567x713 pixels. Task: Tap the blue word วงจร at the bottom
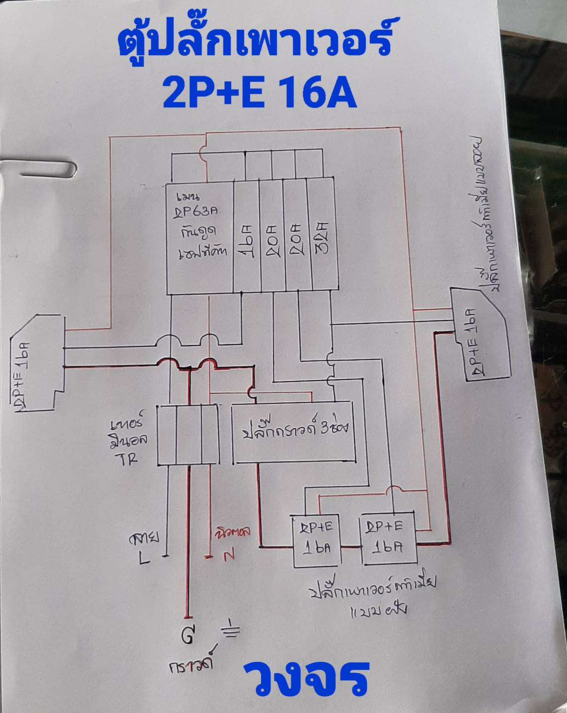tap(306, 678)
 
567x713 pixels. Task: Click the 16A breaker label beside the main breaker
tap(247, 241)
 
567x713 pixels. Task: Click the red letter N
tap(229, 556)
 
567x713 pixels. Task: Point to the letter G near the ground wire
tap(187, 636)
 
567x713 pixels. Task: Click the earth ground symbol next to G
tap(233, 630)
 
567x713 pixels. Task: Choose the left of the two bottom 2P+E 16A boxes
tap(317, 539)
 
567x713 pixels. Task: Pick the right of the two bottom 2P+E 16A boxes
tap(388, 537)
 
